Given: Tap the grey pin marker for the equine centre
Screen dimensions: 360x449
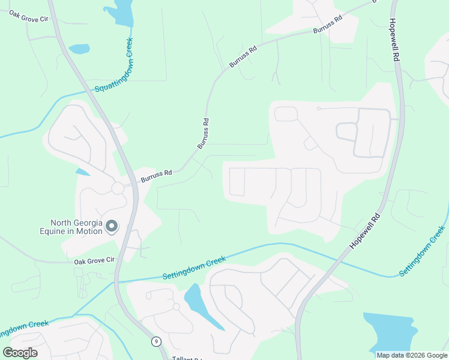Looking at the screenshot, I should click(112, 226).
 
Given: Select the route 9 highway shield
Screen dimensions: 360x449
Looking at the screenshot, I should click(156, 341).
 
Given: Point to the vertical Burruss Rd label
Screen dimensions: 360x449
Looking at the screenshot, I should click(203, 133).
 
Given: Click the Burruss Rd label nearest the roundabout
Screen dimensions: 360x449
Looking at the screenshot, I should click(157, 176).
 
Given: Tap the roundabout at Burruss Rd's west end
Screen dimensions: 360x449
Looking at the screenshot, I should click(118, 188).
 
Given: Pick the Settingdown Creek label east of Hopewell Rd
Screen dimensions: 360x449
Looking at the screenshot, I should click(423, 251).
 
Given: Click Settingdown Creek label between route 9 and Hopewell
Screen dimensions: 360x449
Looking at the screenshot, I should click(194, 268).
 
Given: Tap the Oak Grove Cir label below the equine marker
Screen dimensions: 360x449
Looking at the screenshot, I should click(94, 261).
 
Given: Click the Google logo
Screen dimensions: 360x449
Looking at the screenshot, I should click(20, 352).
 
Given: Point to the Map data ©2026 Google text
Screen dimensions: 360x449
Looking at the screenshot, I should click(412, 355).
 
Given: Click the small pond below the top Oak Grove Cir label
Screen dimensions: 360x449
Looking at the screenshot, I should click(79, 49).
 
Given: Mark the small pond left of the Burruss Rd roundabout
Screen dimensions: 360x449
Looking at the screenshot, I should click(83, 172).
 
